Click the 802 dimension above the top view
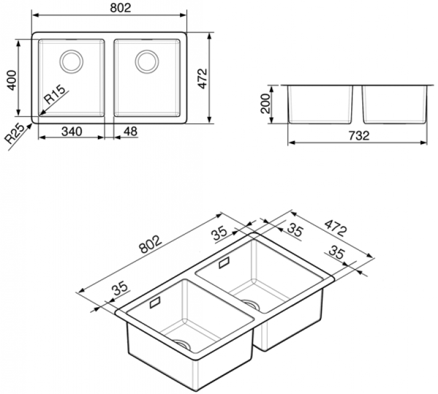[120, 7]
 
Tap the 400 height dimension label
[12, 80]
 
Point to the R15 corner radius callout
[54, 94]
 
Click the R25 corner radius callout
[15, 135]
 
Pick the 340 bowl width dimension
[72, 131]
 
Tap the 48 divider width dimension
[130, 131]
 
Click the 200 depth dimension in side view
[266, 103]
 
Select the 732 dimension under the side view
[359, 135]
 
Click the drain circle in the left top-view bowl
[71, 62]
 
